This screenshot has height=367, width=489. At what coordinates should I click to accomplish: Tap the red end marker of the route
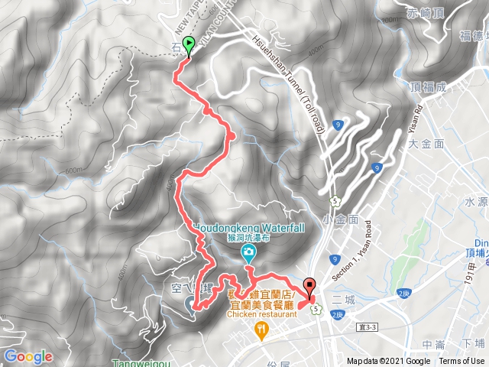pos(309,287)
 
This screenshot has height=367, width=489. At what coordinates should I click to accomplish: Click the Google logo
pos(28,357)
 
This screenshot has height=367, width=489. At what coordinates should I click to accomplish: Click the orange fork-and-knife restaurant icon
pos(261,330)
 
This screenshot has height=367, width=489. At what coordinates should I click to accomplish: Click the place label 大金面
pos(426,144)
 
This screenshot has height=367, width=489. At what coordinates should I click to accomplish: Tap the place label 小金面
pos(341,219)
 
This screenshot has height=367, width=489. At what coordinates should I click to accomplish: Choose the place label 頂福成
pos(427,86)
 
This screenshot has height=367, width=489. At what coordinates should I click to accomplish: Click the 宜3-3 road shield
pos(368,327)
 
